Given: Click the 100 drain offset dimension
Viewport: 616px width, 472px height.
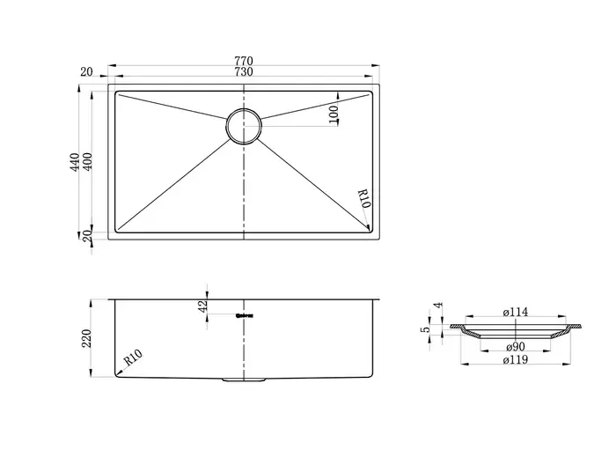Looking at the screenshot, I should (334, 114).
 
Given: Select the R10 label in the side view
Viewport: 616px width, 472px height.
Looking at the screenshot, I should (133, 358).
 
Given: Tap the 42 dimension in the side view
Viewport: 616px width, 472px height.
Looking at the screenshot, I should (204, 306).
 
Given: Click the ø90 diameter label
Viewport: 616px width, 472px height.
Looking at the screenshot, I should (516, 347).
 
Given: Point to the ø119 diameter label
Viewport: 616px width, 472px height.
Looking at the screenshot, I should (516, 359).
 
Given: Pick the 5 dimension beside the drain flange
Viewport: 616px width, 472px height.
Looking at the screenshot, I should (427, 330).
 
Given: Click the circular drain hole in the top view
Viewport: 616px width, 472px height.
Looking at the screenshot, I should (243, 127).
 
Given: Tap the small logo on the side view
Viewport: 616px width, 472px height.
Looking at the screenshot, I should (244, 315).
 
